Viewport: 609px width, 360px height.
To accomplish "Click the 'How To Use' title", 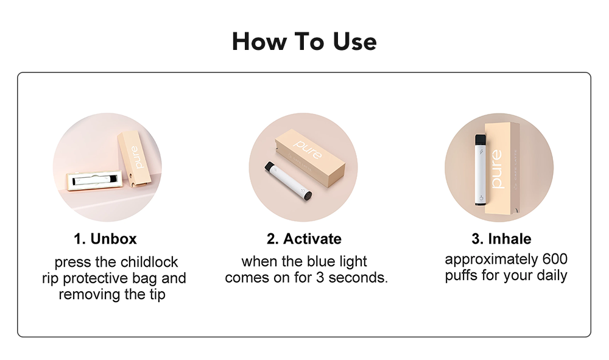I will pyautogui.click(x=304, y=41).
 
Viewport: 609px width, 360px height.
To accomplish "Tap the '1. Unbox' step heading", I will pyautogui.click(x=105, y=238).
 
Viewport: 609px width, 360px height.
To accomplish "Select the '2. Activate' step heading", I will pyautogui.click(x=304, y=238).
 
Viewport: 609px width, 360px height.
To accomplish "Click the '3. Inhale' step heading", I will pyautogui.click(x=501, y=238).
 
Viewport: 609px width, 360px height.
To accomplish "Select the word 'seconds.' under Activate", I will pyautogui.click(x=362, y=278).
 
